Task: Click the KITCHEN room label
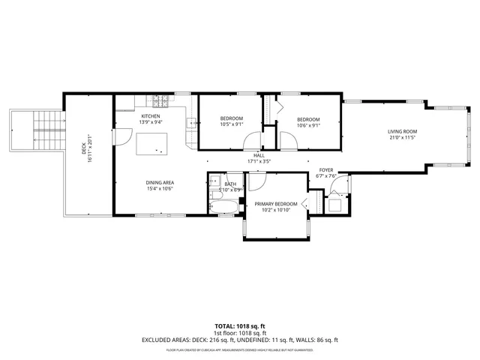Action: (x=151, y=116)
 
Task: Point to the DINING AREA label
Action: (x=160, y=182)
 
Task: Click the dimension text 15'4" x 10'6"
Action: (x=160, y=189)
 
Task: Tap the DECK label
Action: (x=84, y=149)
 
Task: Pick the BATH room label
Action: (x=230, y=184)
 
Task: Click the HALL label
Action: (x=259, y=155)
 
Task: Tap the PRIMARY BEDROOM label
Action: (x=275, y=204)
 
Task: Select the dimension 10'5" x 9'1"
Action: (x=231, y=125)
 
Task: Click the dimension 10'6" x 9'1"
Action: (x=307, y=125)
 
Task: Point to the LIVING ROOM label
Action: (x=402, y=131)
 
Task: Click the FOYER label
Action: (x=325, y=170)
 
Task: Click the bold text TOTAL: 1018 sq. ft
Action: (x=240, y=326)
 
